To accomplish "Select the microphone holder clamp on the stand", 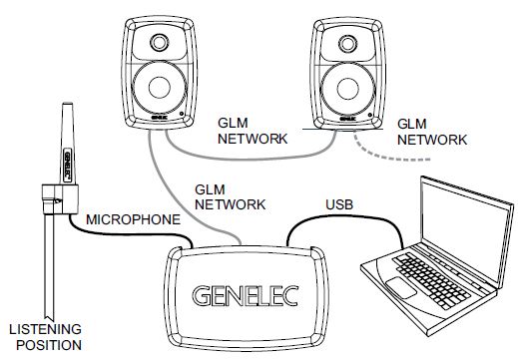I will pos(56,198).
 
